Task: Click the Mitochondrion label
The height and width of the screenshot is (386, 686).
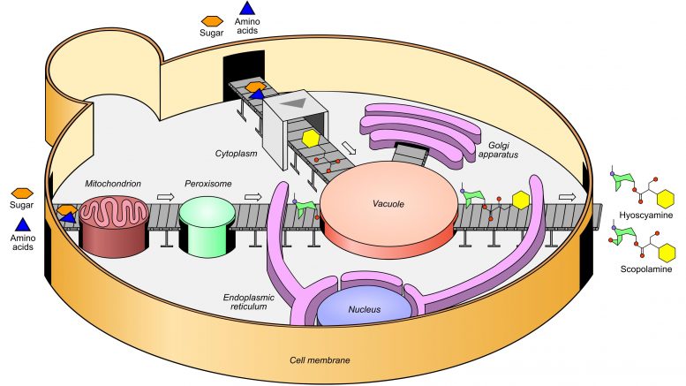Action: coord(112,185)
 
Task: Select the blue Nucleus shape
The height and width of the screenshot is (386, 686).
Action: coord(366,311)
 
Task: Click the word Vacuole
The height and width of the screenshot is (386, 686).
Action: coord(388,204)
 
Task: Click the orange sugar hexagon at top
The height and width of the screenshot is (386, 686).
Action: coord(211,20)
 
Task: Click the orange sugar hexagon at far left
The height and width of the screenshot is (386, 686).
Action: coord(22,193)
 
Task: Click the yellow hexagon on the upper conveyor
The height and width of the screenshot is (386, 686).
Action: coord(311,140)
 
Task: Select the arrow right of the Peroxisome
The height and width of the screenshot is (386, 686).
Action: coord(253,197)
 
